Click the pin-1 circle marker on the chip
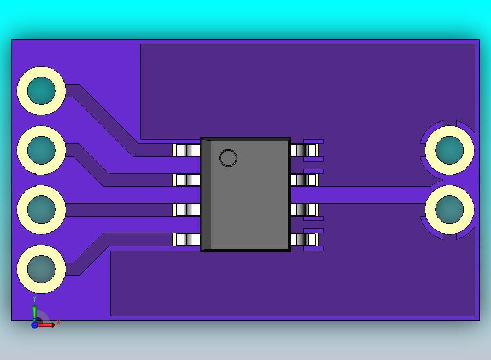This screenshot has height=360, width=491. (x=228, y=159)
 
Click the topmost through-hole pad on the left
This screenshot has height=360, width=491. (x=42, y=91)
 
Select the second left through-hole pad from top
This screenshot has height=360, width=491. (x=42, y=150)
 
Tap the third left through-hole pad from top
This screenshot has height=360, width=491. (x=42, y=209)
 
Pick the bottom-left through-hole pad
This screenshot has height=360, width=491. (x=42, y=269)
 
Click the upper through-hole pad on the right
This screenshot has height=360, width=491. (x=449, y=150)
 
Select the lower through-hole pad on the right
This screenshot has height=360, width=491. (x=449, y=210)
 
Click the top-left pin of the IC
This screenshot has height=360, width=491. (x=187, y=150)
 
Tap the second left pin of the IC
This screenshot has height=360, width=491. (x=187, y=180)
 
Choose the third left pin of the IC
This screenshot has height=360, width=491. (x=187, y=210)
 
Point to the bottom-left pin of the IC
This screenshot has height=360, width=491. (x=187, y=239)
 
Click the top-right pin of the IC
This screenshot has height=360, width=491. (x=304, y=150)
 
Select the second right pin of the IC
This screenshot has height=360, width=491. (x=304, y=180)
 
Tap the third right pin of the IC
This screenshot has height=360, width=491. (x=304, y=210)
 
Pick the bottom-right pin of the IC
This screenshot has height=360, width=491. (x=304, y=239)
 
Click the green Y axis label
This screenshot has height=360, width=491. (x=34, y=299)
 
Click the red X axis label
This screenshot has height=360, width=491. (x=59, y=323)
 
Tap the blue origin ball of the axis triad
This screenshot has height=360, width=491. (x=34, y=325)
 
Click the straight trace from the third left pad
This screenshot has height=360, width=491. (x=120, y=210)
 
